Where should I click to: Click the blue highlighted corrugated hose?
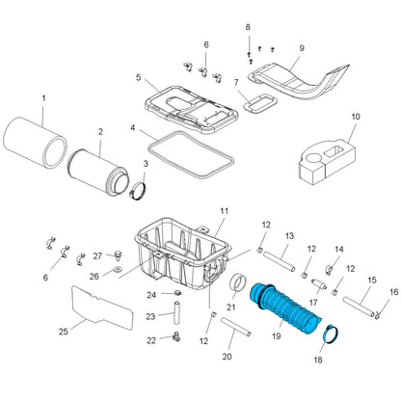284,308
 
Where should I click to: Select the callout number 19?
276,336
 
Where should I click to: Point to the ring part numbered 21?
238,283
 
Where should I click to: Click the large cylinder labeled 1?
36,143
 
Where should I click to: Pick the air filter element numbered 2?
98,174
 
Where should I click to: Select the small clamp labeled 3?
138,191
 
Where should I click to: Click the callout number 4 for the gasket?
133,128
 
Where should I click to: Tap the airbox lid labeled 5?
192,109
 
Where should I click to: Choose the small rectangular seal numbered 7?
260,103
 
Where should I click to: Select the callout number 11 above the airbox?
225,211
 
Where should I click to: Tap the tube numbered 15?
359,307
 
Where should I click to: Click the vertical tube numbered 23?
176,312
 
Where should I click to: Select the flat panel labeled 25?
102,307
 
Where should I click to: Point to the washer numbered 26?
118,269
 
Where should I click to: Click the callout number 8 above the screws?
248,27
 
